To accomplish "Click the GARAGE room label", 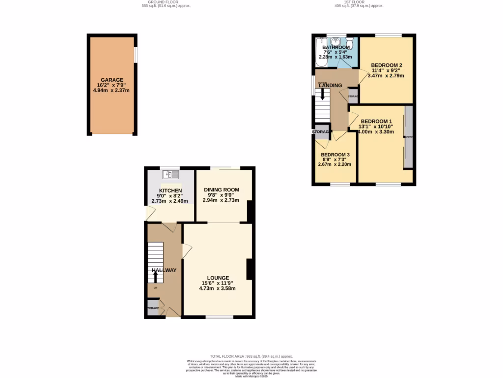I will click(x=112, y=80).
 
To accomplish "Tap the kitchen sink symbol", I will click(x=170, y=174).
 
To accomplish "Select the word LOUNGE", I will click(x=217, y=278).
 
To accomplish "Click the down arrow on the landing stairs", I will click(x=322, y=93).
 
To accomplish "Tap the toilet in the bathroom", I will click(x=349, y=41).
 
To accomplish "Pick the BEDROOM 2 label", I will click(x=387, y=65).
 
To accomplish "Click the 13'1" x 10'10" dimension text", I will click(x=377, y=126).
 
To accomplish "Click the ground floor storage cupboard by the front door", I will click(x=153, y=308).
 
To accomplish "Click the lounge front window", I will click(x=219, y=317).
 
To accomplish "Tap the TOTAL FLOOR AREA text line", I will click(x=251, y=356).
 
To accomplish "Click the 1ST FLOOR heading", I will click(x=359, y=2).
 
